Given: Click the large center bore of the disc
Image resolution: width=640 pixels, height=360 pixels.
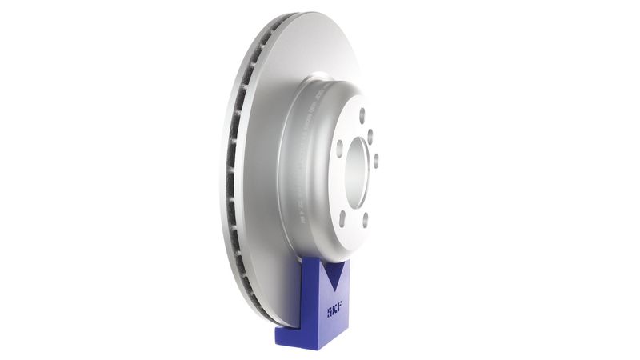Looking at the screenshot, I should (358, 171).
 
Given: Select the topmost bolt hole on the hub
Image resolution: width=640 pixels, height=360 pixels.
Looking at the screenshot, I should (362, 114).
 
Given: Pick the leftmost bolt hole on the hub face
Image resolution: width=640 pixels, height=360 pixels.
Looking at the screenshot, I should (339, 148).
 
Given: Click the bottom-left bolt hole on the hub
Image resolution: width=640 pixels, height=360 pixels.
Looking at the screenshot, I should (342, 215).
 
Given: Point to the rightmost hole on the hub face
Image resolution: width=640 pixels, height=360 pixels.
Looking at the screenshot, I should (376, 159).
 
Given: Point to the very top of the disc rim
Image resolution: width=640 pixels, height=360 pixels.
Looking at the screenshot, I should (308, 14).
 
